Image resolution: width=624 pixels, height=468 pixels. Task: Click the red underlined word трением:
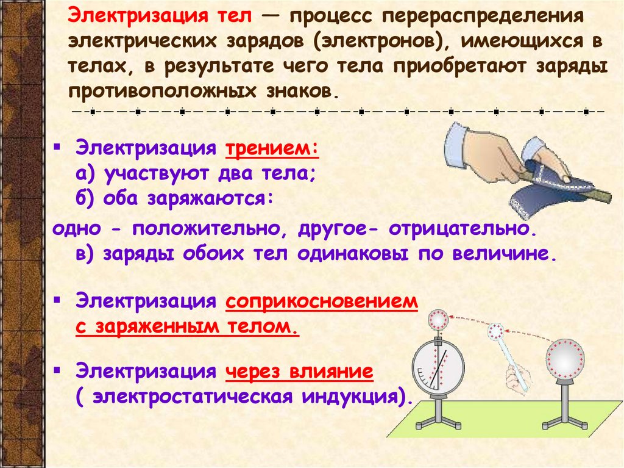tap(272, 149)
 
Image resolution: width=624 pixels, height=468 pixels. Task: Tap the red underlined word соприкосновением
tap(322, 302)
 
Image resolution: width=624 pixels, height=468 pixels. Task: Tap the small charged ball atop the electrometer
tap(438, 319)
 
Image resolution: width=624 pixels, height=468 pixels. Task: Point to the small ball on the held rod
tap(497, 331)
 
